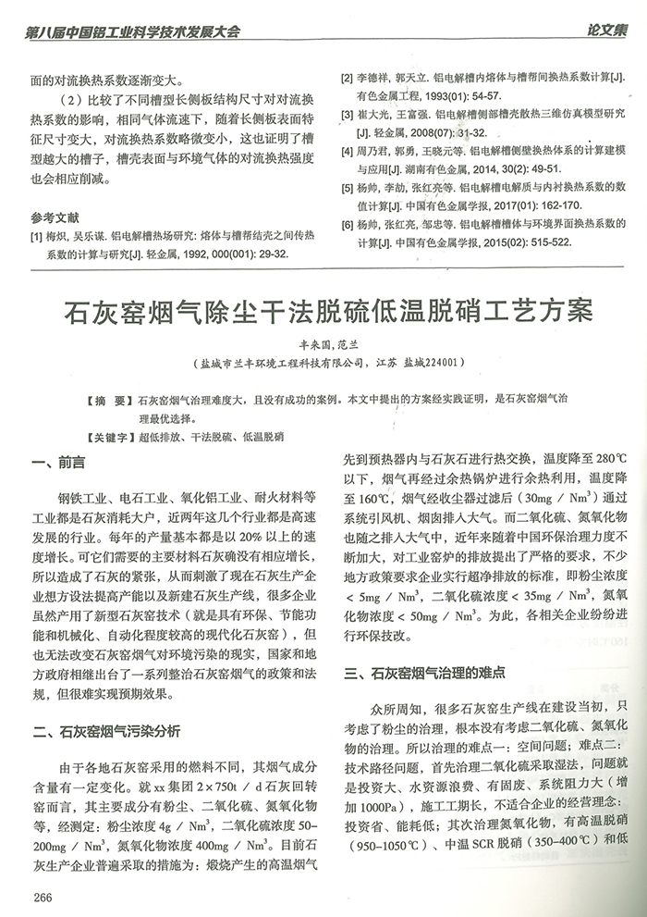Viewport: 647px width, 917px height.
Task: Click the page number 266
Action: [x=42, y=896]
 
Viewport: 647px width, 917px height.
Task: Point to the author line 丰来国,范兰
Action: [x=323, y=343]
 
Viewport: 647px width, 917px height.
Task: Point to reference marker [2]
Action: [x=348, y=80]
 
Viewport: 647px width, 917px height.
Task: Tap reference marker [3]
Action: [x=348, y=113]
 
